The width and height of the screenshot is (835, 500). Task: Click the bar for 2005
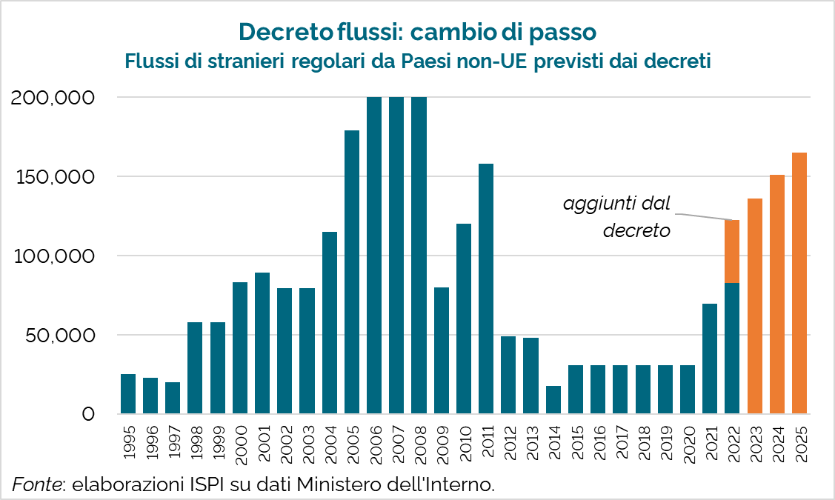click(352, 272)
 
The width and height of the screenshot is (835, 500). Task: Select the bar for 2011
click(486, 288)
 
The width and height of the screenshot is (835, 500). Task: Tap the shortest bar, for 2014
click(553, 399)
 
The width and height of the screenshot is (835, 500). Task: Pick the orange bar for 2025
click(799, 283)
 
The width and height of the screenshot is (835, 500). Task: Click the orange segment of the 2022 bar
click(732, 251)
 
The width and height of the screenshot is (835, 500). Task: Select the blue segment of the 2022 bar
click(732, 348)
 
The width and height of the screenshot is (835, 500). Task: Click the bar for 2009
click(442, 350)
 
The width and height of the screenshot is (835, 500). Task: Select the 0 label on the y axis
click(88, 414)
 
